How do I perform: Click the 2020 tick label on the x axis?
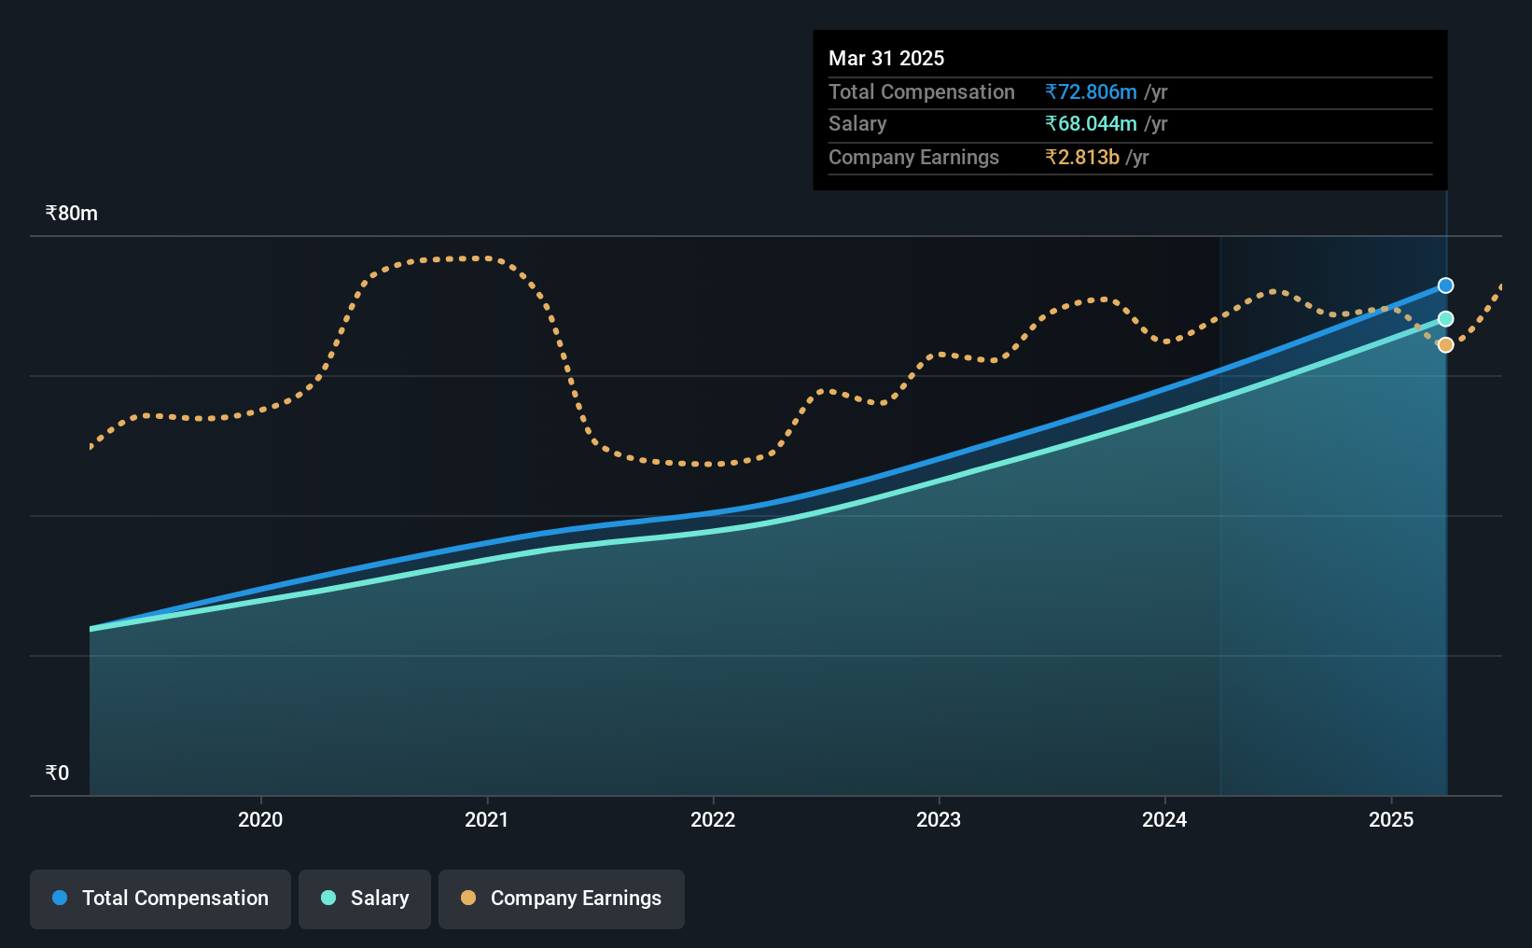[x=260, y=819]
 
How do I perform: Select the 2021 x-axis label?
[x=486, y=819]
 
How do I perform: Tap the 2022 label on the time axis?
[x=713, y=819]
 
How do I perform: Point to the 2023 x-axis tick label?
[x=939, y=819]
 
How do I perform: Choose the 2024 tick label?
[x=1164, y=819]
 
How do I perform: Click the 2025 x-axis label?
[x=1391, y=819]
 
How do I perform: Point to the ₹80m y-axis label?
[x=71, y=214]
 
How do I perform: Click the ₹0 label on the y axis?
[x=58, y=773]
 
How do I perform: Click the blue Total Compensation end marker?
[x=1445, y=286]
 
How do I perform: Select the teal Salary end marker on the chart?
[x=1445, y=319]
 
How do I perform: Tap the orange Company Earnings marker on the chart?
[x=1445, y=344]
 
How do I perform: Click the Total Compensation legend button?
[x=160, y=899]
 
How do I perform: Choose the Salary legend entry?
[x=365, y=899]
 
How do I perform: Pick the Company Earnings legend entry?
[x=562, y=899]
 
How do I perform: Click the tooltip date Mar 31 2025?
[x=886, y=58]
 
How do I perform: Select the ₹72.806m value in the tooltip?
[x=1091, y=91]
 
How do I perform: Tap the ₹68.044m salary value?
[x=1091, y=124]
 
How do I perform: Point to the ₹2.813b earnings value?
[x=1082, y=158]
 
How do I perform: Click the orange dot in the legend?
[x=467, y=898]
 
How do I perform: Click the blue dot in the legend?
[x=60, y=898]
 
